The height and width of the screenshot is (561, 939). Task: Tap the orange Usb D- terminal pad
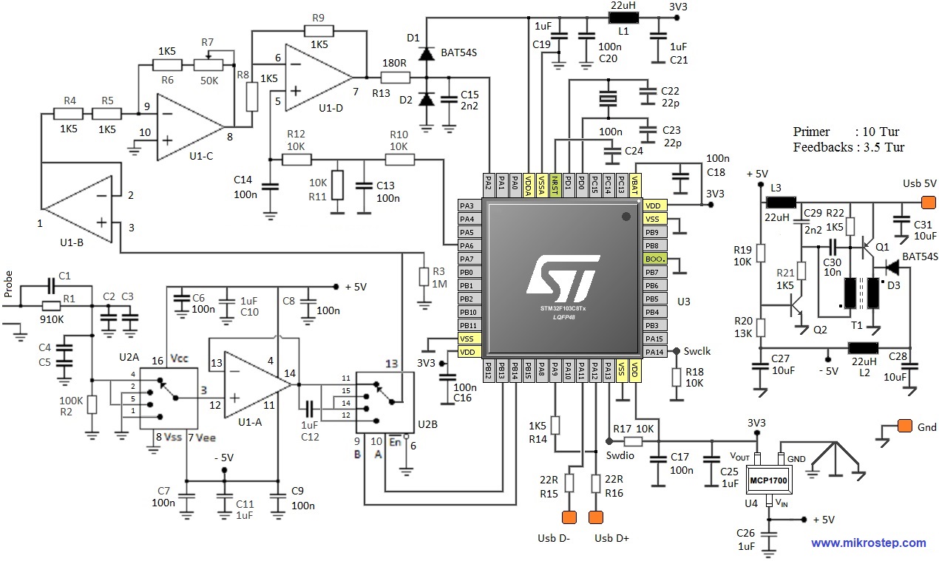pos(569,517)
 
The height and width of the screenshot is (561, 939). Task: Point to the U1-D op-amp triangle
pos(316,76)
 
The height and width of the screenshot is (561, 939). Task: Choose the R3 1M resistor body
pos(424,277)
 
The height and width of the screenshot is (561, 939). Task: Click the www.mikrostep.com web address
pos(868,543)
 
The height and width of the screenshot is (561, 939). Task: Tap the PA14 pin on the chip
pos(654,352)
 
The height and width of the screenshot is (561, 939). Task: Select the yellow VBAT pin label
pos(634,183)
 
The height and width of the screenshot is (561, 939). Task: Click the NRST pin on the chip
pos(555,183)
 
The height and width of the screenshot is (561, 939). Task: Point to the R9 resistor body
pos(319,31)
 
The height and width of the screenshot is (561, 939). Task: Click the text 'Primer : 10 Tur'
pos(846,132)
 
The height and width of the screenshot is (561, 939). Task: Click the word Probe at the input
pos(8,284)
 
